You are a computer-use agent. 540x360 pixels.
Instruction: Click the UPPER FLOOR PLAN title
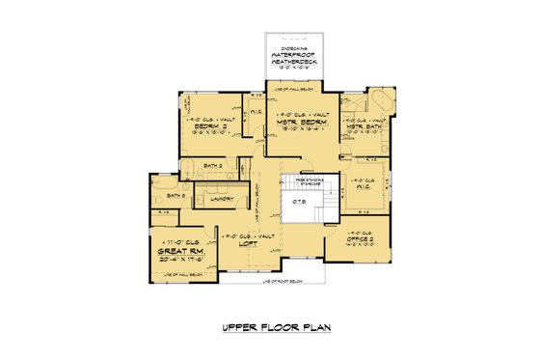pos(270,327)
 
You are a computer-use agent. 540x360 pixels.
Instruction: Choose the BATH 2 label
pos(213,165)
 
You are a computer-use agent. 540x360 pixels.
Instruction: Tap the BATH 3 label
pos(175,196)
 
